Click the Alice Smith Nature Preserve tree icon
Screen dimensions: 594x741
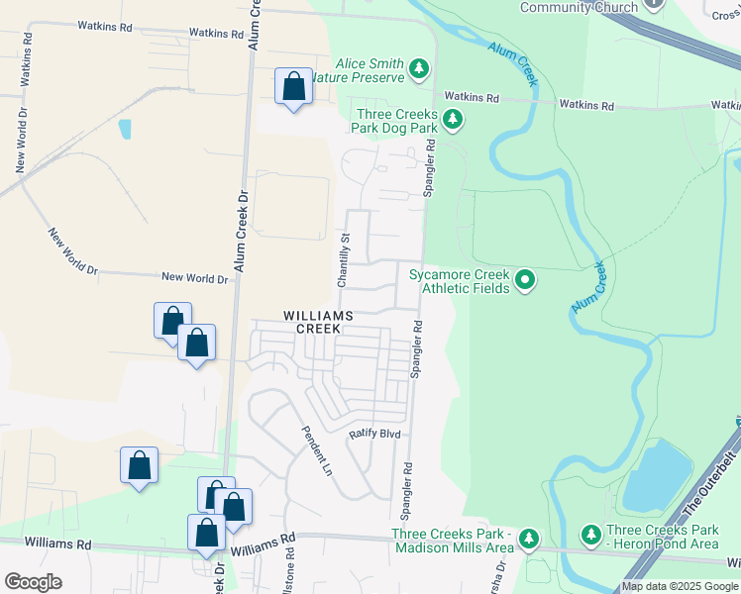(x=420, y=68)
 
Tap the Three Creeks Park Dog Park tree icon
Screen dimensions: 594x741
(x=453, y=120)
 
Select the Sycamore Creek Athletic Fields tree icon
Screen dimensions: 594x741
(x=525, y=281)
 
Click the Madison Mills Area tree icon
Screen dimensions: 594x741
(x=529, y=539)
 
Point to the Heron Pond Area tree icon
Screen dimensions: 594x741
(x=591, y=535)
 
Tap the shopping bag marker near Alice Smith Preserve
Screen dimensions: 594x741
(x=293, y=87)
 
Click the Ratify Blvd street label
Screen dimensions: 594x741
(x=372, y=434)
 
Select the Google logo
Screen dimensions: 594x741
(x=33, y=582)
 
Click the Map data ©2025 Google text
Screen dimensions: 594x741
(x=679, y=586)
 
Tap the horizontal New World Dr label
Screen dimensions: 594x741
(x=194, y=279)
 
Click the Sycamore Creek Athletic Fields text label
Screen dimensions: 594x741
(x=465, y=281)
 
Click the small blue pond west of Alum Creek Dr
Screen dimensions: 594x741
(x=124, y=129)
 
